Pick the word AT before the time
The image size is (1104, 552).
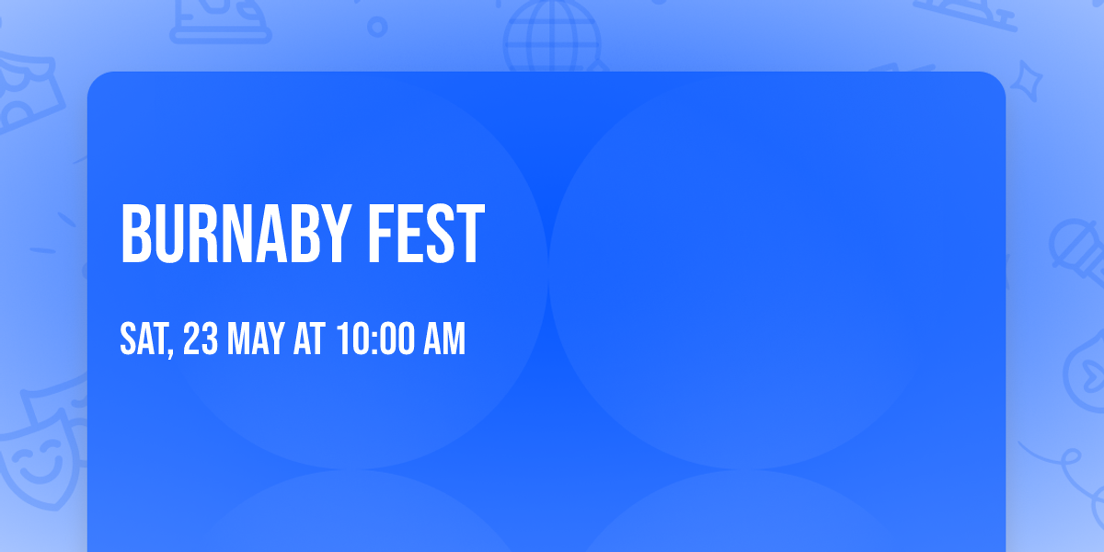(x=309, y=339)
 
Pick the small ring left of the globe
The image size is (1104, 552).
(x=377, y=27)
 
